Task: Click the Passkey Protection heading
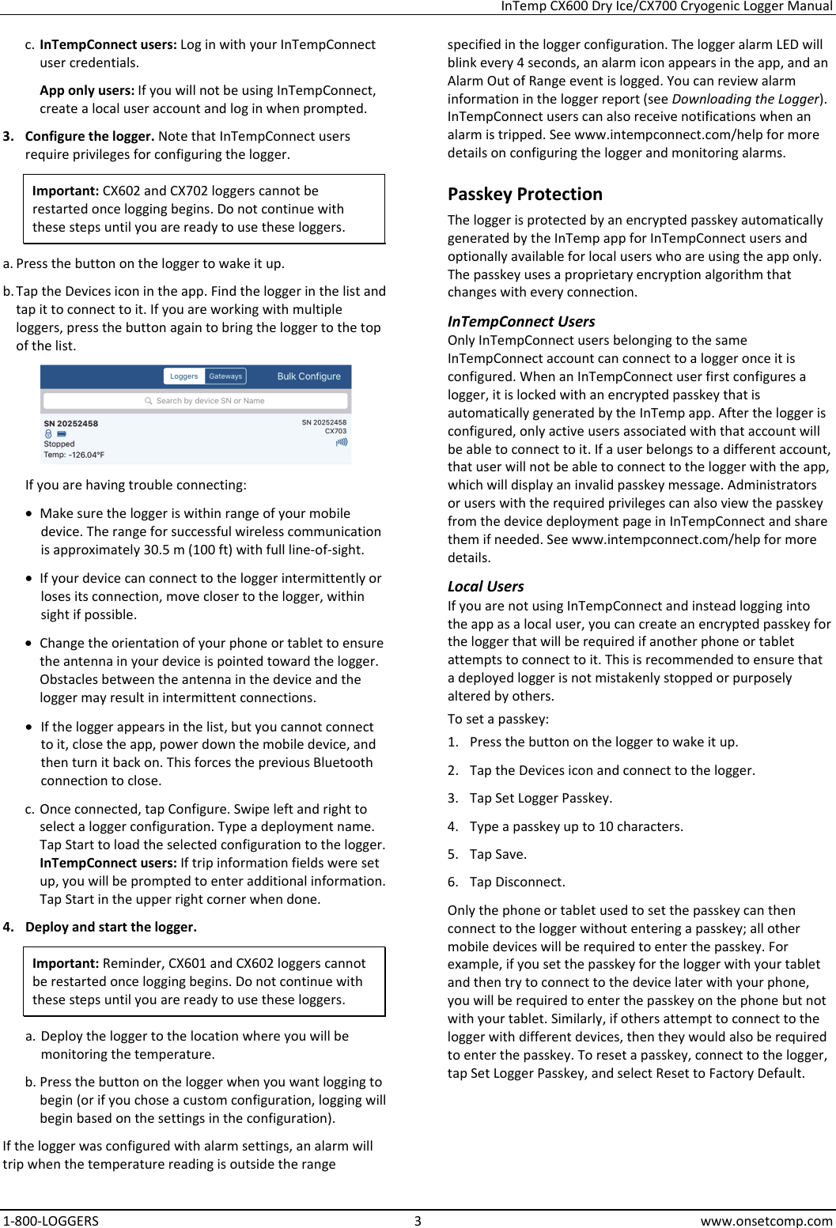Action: pos(524,195)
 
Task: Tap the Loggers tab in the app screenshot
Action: pos(184,376)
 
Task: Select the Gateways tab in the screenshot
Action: pos(225,376)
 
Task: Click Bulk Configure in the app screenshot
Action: pos(308,376)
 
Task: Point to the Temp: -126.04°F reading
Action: pos(74,455)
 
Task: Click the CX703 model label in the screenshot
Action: pos(335,431)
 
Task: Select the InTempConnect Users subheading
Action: pos(520,322)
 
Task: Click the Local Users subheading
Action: pos(486,587)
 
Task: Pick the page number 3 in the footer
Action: pos(418,1220)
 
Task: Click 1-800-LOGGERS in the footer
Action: pos(51,1220)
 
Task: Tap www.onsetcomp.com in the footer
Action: pos(766,1220)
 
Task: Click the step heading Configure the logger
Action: pos(89,136)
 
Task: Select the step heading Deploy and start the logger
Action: pos(111,927)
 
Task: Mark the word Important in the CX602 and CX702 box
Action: pos(65,191)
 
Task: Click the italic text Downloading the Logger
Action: pos(744,99)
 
